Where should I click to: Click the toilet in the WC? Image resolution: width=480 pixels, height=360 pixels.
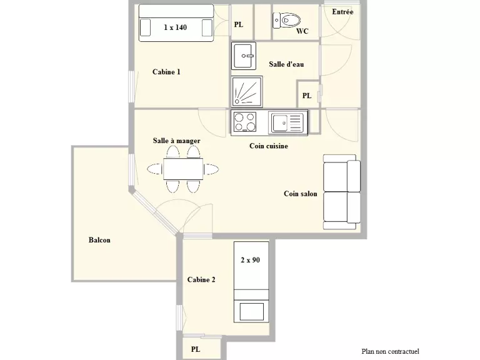[x=286, y=21]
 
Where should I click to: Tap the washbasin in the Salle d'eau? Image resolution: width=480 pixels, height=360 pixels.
[x=244, y=56]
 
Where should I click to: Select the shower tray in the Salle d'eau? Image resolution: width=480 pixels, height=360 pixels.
[x=247, y=91]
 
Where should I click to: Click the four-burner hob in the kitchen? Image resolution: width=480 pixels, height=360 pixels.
[x=244, y=122]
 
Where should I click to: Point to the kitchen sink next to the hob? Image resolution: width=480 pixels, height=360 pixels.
[x=287, y=122]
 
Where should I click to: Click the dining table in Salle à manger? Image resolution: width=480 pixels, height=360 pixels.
[x=183, y=169]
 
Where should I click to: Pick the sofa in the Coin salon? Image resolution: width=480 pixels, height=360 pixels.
[x=342, y=192]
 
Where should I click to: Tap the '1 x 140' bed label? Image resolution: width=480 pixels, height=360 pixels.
[x=175, y=27]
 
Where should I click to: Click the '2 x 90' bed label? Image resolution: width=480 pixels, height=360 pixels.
[x=251, y=260]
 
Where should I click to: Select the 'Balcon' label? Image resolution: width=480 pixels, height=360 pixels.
[x=99, y=240]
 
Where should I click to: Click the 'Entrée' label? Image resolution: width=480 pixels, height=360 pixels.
[x=342, y=12]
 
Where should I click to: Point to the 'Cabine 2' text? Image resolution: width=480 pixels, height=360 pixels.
[x=201, y=280]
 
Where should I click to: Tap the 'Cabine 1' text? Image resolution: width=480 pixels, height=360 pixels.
[x=166, y=72]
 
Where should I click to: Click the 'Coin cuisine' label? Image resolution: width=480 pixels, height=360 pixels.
[x=269, y=146]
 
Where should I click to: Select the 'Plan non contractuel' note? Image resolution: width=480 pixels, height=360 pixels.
[x=390, y=351]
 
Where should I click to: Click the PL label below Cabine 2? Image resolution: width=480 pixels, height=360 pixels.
[x=196, y=349]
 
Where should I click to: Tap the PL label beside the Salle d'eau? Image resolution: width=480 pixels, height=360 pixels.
[x=307, y=96]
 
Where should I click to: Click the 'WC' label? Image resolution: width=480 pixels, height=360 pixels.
[x=302, y=31]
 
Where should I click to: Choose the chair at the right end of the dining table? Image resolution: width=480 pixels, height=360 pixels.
[x=211, y=169]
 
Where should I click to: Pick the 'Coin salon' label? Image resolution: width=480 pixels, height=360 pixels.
[x=300, y=194]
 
